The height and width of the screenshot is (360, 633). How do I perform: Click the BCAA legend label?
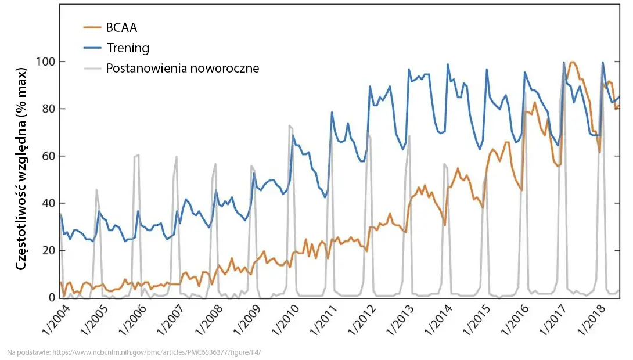click(121, 27)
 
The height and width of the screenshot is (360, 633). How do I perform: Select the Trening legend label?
click(128, 48)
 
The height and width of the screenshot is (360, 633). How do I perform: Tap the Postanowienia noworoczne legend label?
click(182, 68)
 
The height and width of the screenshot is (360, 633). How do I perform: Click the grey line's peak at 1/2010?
click(290, 125)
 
